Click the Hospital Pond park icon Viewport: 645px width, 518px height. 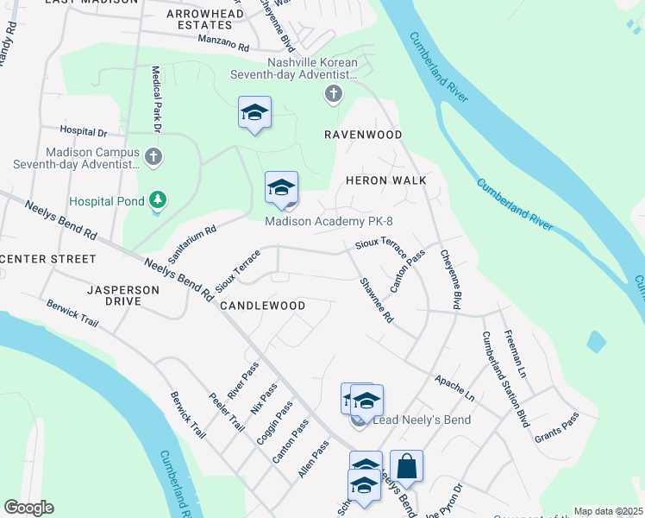(x=157, y=200)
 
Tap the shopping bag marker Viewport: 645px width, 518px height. (x=406, y=467)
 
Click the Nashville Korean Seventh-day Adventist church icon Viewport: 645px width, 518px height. (x=334, y=94)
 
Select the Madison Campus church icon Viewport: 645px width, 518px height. (x=153, y=156)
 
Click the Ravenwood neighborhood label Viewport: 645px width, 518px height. (x=363, y=135)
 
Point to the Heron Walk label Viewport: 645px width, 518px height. (x=380, y=180)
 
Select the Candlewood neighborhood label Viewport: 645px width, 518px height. (x=262, y=306)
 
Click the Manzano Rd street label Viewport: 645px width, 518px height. (x=222, y=41)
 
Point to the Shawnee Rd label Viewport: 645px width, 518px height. (x=377, y=300)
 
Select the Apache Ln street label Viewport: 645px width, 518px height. (x=454, y=386)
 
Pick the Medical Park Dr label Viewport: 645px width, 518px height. (x=157, y=99)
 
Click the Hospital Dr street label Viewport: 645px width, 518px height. (x=83, y=131)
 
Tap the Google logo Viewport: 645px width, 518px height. (x=28, y=507)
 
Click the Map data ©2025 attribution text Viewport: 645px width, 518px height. (x=607, y=511)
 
